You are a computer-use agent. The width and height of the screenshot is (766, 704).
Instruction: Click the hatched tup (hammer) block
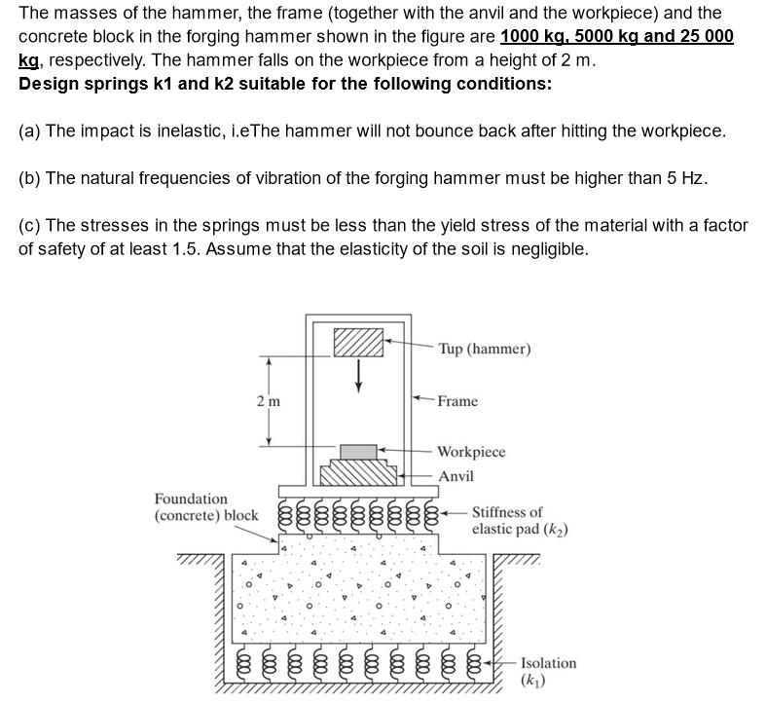click(x=359, y=343)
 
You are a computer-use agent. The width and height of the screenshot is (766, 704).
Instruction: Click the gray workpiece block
click(x=359, y=451)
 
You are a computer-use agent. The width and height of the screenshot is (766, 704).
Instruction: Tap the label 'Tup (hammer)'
click(x=484, y=349)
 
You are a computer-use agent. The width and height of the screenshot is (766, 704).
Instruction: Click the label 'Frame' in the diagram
click(x=457, y=401)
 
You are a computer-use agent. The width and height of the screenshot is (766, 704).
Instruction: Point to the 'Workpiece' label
click(x=471, y=452)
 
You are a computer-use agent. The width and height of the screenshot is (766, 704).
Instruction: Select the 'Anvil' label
click(x=456, y=476)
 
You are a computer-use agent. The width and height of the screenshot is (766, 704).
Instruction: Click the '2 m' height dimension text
click(x=268, y=401)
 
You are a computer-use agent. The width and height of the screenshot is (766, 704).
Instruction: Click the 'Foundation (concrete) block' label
click(x=205, y=506)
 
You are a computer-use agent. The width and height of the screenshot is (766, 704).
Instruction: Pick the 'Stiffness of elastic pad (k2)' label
click(x=520, y=521)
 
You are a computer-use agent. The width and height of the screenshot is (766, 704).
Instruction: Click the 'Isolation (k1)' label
click(x=548, y=671)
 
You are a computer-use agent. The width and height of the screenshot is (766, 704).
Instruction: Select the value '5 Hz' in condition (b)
click(x=687, y=178)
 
